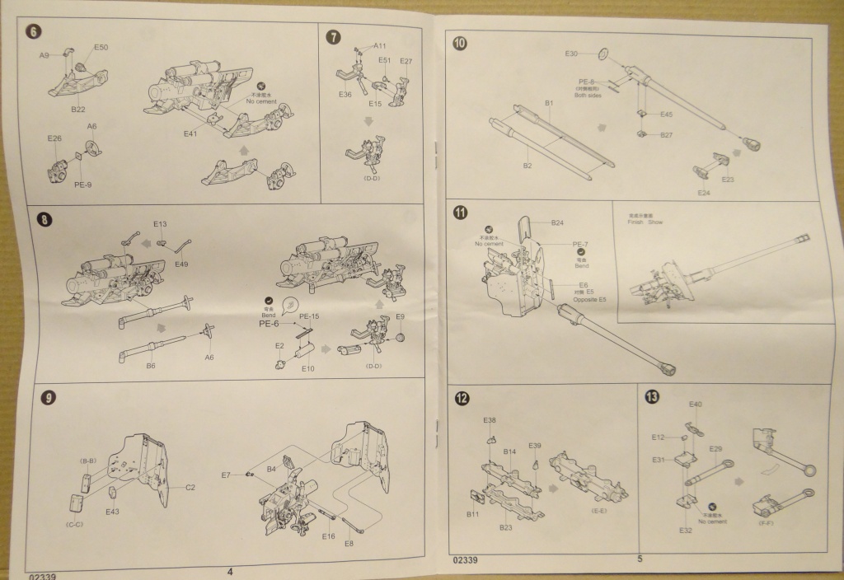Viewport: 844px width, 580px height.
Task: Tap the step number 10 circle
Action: click(x=460, y=43)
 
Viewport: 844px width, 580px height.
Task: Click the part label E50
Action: click(x=101, y=48)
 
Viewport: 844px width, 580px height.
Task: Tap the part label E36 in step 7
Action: click(x=345, y=95)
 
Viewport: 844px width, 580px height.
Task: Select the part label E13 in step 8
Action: click(x=160, y=224)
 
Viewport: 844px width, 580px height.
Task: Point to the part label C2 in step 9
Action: click(x=190, y=488)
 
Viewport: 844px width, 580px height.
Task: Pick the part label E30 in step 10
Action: click(x=572, y=54)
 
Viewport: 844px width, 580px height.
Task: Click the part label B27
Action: click(x=667, y=134)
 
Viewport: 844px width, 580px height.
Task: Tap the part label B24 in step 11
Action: click(x=557, y=223)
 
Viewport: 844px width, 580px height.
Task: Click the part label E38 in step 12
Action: click(x=490, y=420)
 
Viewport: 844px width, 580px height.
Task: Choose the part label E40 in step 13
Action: click(x=695, y=405)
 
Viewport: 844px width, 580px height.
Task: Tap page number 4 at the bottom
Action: click(x=230, y=572)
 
